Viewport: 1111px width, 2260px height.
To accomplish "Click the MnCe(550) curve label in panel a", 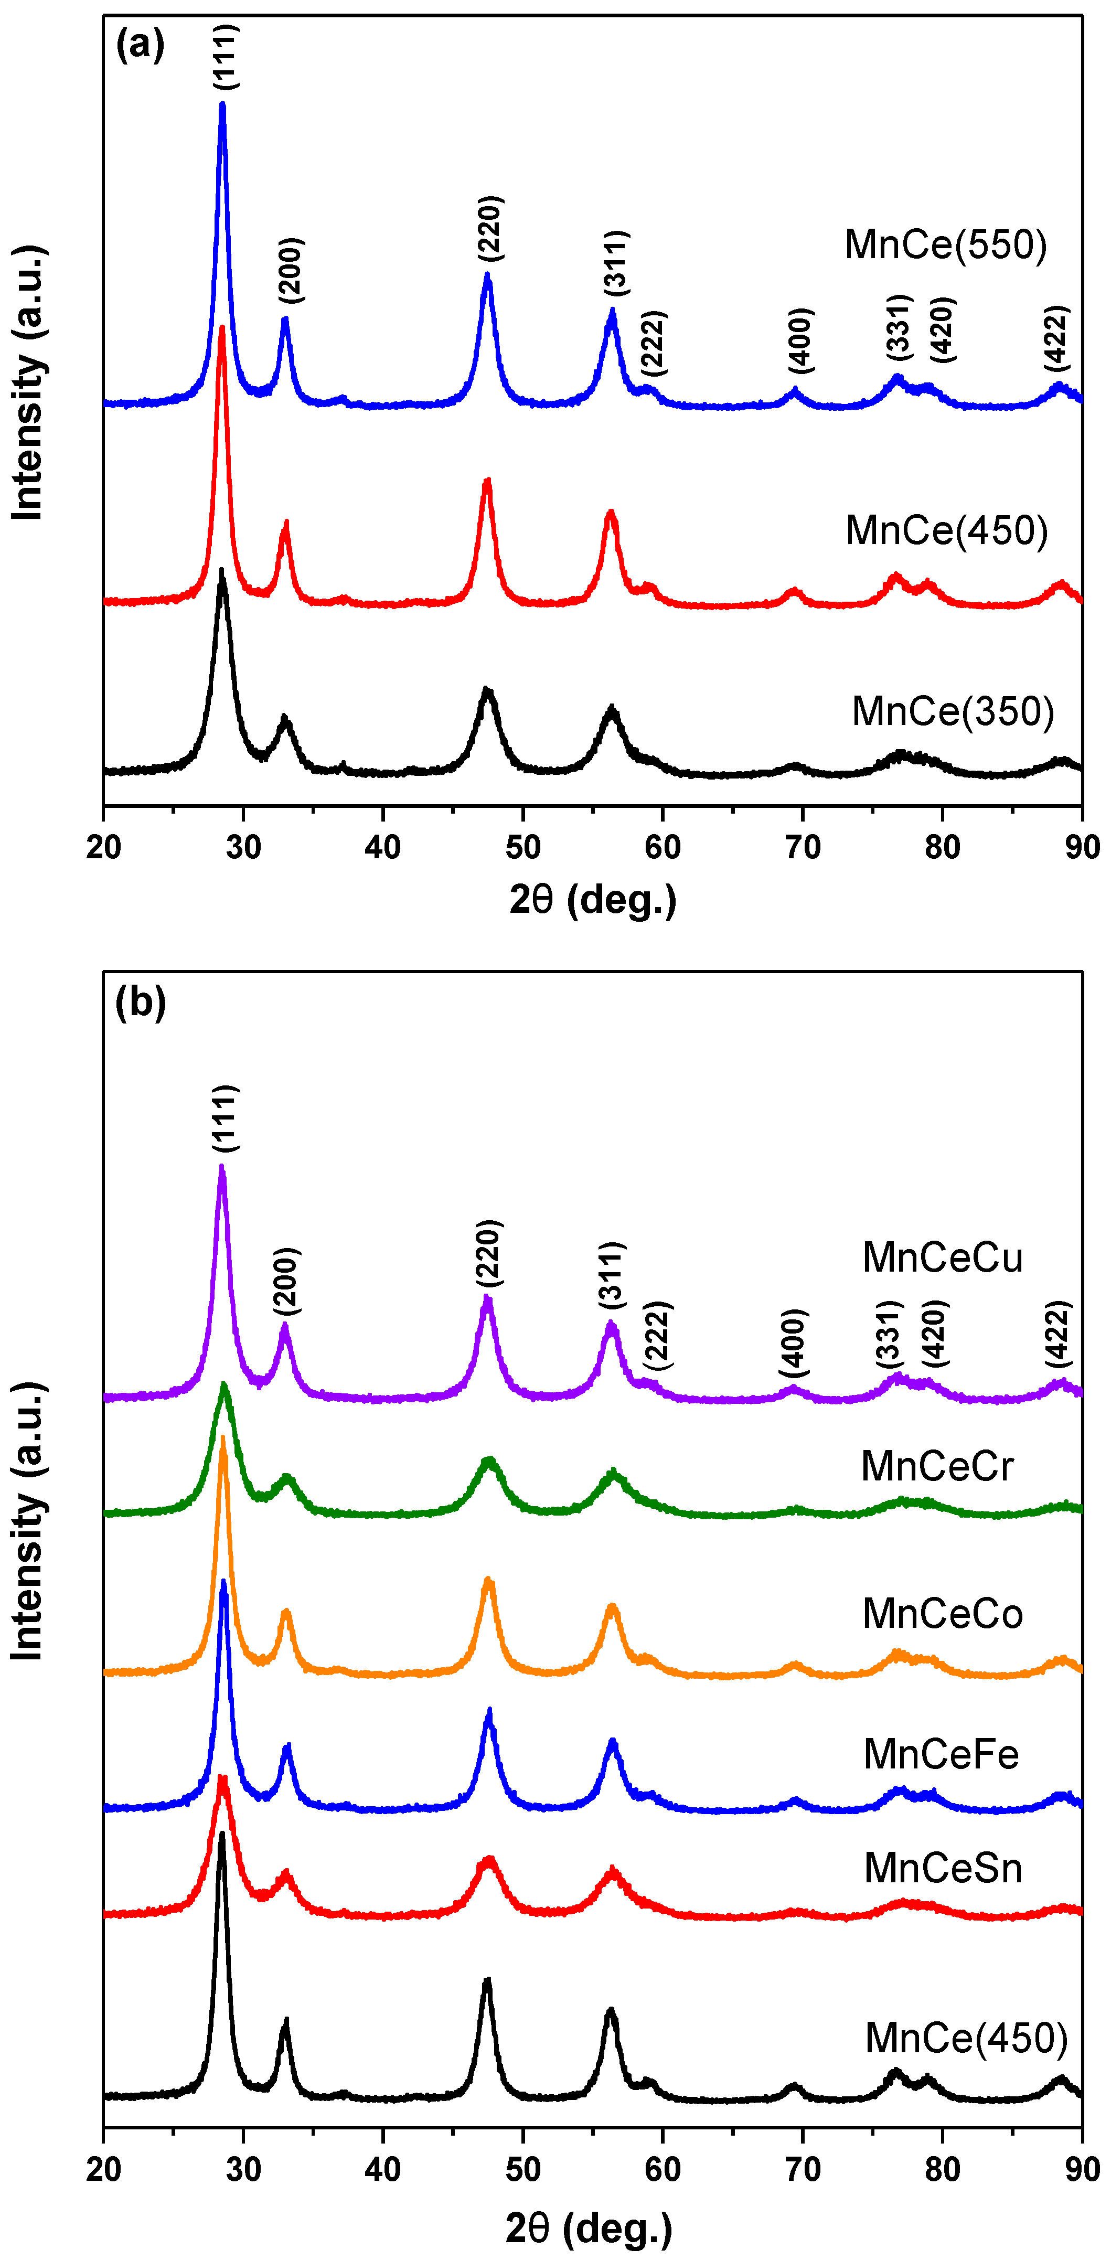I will coord(945,245).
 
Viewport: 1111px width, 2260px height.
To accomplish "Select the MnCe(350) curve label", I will coord(952,711).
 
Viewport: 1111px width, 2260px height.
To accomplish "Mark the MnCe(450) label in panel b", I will coord(965,2037).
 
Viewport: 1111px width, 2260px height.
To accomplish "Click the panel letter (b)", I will coord(141,1001).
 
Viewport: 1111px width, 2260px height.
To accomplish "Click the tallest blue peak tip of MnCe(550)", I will coord(222,105).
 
